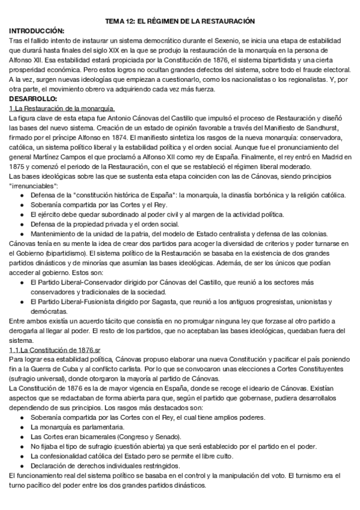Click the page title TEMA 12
point(180,21)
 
